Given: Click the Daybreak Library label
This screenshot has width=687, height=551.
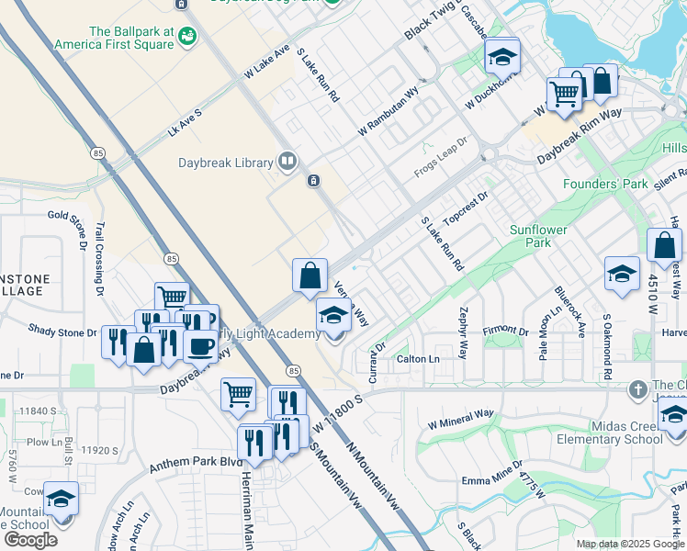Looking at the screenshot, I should tap(225, 163).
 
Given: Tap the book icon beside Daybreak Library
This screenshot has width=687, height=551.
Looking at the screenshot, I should tap(287, 163).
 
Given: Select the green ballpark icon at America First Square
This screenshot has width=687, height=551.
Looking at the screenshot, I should tap(187, 36).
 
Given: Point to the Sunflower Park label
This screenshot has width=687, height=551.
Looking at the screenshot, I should tap(539, 236).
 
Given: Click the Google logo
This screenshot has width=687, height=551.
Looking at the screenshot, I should tap(30, 539).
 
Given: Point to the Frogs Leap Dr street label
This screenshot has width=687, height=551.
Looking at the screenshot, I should tap(441, 157).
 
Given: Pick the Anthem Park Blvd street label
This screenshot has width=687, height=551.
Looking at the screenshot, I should tap(192, 459).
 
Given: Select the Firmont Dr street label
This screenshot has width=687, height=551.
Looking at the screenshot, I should tap(507, 331).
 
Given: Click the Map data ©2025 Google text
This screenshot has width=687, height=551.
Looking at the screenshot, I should tap(630, 544).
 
